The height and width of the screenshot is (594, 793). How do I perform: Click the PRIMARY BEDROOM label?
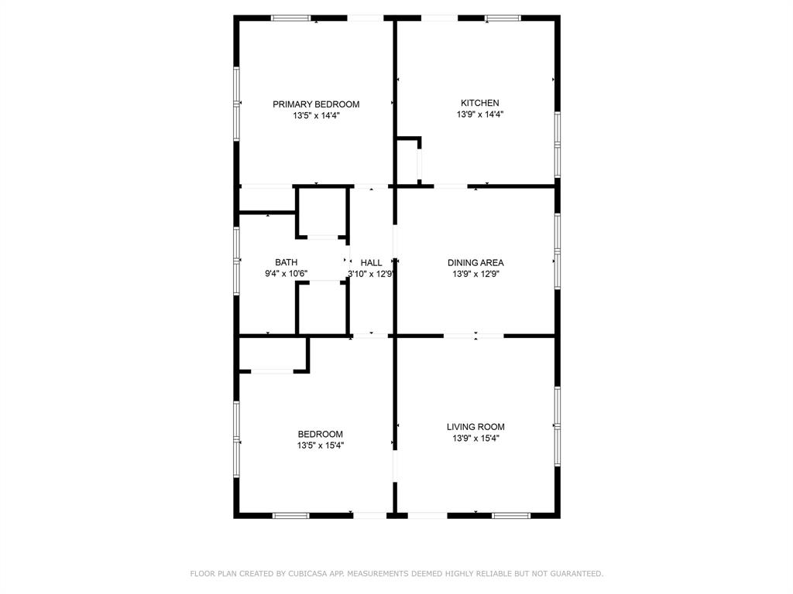point(316,104)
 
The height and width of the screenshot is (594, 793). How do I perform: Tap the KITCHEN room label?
point(480,103)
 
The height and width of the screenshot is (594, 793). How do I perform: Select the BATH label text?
point(286,262)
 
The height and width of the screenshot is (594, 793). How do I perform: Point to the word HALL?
point(372,263)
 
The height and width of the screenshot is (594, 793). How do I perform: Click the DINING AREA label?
point(475,262)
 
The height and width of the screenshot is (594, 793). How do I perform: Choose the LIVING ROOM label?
point(475,427)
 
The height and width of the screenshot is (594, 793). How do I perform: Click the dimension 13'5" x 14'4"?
point(316,116)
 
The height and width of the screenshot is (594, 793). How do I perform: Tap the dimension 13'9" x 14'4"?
point(480,114)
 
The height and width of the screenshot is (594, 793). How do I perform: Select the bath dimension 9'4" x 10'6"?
point(287,274)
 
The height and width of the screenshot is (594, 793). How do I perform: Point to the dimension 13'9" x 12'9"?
point(475,274)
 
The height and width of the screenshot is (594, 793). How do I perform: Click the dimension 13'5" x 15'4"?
point(321,445)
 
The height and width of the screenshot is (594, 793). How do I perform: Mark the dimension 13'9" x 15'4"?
point(475,439)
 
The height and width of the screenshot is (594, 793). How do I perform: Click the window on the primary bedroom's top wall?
point(290,18)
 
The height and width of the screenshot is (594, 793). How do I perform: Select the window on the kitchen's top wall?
point(503,18)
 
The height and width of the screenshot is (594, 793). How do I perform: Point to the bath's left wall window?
point(237,258)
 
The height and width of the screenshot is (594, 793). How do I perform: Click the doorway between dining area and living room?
point(474,336)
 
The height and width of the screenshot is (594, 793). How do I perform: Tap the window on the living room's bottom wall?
point(511,515)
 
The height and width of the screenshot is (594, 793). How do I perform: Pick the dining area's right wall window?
point(557,251)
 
